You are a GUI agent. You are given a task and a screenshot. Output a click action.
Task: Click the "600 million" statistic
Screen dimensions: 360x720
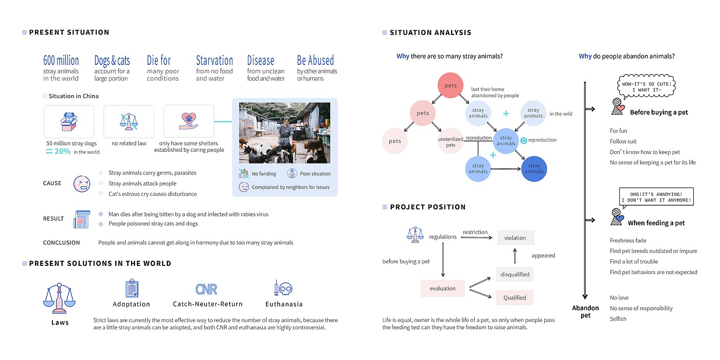tap(61, 61)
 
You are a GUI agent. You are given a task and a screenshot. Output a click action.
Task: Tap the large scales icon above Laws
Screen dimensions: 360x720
tap(60, 299)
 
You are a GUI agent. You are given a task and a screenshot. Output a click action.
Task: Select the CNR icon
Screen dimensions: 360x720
tap(206, 289)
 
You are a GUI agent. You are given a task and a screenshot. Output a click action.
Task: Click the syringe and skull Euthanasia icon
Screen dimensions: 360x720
tap(283, 289)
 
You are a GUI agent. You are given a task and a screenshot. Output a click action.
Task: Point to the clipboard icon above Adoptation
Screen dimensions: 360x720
tap(132, 289)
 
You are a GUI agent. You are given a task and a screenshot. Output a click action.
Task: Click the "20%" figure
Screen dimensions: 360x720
tap(62, 151)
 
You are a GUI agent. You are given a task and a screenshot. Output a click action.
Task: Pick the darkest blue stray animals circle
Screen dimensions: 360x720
tap(534, 169)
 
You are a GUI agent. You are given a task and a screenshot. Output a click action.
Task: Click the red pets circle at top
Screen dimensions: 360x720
tap(451, 86)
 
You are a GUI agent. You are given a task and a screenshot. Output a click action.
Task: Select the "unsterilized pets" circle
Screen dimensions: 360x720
tap(451, 141)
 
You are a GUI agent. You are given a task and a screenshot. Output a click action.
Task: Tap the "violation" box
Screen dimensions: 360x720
tap(515, 238)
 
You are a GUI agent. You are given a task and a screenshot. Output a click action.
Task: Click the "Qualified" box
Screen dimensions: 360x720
tap(514, 297)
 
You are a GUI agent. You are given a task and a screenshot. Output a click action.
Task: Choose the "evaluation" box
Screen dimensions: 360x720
tap(442, 288)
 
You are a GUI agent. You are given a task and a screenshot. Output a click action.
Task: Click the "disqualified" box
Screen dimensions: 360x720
tap(515, 274)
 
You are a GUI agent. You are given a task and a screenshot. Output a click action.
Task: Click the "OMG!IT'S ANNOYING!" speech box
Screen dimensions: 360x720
tap(656, 196)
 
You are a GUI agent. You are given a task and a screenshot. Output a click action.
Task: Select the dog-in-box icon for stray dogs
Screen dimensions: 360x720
tap(68, 121)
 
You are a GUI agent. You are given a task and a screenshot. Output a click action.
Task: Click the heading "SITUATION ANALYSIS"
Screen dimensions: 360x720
tap(430, 32)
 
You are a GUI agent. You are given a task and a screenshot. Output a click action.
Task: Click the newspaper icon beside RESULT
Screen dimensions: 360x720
tap(82, 219)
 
